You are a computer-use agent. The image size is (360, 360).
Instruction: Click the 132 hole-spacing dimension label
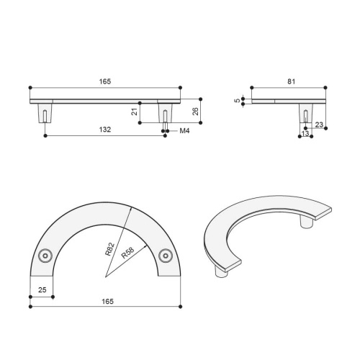click(105, 130)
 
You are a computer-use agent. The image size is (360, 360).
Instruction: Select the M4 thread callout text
click(184, 131)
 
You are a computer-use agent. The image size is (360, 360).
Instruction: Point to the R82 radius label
click(110, 249)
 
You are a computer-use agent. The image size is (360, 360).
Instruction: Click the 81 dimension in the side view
click(291, 81)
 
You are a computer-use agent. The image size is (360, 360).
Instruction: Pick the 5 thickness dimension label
click(238, 100)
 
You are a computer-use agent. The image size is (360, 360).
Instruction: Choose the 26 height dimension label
click(196, 112)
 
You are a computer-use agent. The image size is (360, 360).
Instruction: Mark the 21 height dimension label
click(135, 112)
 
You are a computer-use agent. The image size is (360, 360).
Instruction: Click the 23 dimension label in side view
click(319, 125)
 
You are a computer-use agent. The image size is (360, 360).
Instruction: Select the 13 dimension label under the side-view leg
click(305, 133)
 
